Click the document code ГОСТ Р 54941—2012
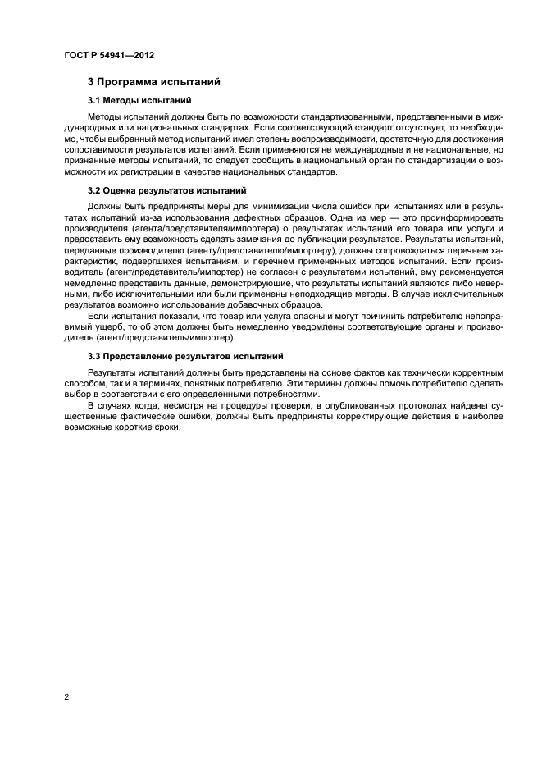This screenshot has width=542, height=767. [109, 56]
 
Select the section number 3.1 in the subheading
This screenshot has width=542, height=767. [95, 100]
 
